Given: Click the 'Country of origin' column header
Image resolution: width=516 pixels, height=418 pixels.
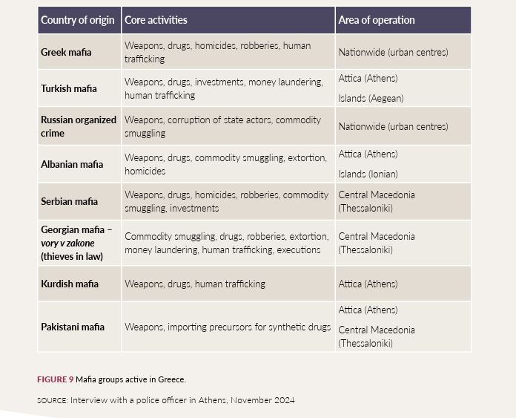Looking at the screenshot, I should click(79, 20).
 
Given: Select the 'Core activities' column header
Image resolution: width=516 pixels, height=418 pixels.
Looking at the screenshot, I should click(156, 20).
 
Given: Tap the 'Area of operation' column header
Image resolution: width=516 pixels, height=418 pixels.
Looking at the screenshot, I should click(377, 20).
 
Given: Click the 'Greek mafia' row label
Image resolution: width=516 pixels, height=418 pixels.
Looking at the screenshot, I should click(66, 52).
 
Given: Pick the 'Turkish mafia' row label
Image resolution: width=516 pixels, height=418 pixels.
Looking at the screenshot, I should click(68, 88).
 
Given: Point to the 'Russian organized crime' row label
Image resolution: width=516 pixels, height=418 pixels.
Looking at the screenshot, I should click(79, 126).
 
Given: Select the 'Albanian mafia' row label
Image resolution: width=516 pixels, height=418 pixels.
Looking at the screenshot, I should click(72, 164).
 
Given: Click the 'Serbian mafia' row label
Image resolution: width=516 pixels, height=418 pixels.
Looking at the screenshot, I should click(69, 201).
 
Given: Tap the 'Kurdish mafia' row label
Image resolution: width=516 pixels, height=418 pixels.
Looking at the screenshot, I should click(70, 284).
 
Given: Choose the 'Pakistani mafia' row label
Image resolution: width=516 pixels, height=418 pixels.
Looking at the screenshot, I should click(73, 327).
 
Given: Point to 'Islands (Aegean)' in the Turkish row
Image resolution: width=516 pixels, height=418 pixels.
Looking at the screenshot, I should click(371, 98).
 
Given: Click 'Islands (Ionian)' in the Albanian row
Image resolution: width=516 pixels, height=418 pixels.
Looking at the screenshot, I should click(368, 174).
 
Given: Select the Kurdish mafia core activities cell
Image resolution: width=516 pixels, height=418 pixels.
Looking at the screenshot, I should click(194, 284).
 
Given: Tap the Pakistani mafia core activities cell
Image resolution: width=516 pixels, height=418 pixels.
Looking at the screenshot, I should click(228, 327).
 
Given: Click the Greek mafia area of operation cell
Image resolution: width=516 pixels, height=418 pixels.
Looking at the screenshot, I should click(393, 52).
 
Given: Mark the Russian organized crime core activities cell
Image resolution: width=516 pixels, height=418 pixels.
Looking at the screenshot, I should click(222, 126).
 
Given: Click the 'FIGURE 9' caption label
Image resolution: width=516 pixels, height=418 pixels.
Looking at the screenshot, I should click(55, 379).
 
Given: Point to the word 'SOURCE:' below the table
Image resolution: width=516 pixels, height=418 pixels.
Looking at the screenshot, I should click(52, 400).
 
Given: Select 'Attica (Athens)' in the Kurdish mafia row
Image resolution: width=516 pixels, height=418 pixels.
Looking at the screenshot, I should click(368, 284).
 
